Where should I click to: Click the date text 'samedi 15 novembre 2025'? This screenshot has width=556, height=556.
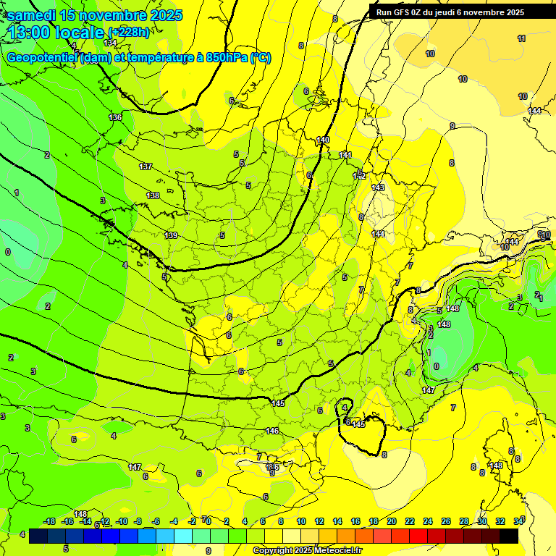point(95,15)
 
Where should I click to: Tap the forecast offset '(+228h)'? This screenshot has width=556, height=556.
point(129,33)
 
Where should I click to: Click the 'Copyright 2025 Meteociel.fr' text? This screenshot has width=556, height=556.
point(307,551)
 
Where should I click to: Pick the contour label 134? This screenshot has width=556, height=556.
point(110,43)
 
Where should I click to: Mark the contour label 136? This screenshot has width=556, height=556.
point(115,117)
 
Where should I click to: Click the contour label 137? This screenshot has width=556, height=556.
point(146,167)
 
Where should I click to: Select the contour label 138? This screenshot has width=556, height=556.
point(153,195)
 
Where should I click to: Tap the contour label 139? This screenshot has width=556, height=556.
point(171,235)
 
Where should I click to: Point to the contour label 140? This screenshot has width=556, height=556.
point(323,140)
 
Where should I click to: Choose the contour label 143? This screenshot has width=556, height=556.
point(378,188)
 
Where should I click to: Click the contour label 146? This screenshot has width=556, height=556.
point(272,431)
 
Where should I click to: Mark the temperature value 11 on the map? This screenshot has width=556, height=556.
point(521,38)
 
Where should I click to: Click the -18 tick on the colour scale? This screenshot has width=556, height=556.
point(49,521)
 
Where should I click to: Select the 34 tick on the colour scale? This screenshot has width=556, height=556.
point(518,521)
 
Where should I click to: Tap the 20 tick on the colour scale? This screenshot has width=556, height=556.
point(391,521)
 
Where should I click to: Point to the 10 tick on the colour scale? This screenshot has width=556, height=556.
point(301,521)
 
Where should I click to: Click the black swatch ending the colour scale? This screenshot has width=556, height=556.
point(509,536)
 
